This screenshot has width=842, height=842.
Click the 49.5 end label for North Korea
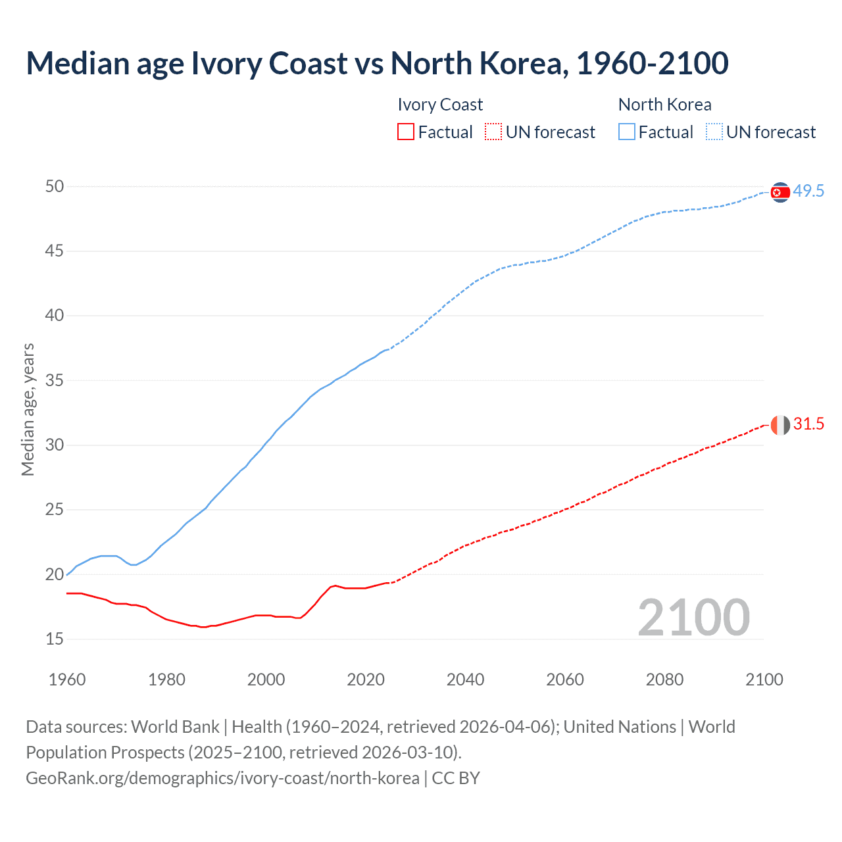point(808,191)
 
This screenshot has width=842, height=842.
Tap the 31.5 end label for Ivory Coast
point(808,424)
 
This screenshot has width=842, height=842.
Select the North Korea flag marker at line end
point(780,192)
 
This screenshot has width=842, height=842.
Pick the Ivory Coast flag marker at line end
point(780,425)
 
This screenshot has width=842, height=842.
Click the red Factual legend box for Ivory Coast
point(406,132)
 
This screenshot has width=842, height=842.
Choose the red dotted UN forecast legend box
point(493,132)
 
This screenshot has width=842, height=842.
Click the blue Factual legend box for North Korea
point(627,132)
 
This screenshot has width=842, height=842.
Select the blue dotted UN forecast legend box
point(714,132)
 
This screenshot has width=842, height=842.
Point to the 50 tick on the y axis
point(55,187)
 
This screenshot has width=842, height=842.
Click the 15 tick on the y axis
point(55,639)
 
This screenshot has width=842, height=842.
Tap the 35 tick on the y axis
point(55,380)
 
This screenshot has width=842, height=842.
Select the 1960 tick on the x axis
point(67,680)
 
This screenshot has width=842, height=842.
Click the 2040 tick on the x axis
point(465,680)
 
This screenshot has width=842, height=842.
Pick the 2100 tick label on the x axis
point(764,680)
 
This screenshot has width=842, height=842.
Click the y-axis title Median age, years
point(28,409)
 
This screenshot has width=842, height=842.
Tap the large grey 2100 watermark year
point(693,618)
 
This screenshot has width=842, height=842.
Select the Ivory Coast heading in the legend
point(440,105)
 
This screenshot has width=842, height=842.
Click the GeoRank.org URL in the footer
point(222,778)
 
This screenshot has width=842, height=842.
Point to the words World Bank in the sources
point(175,727)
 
